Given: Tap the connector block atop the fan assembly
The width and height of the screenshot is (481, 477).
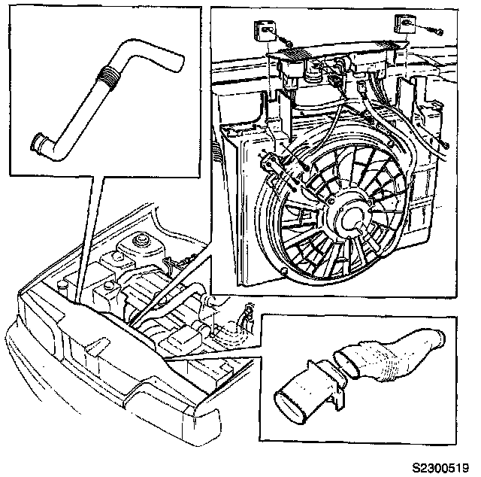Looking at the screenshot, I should pos(338,58).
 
